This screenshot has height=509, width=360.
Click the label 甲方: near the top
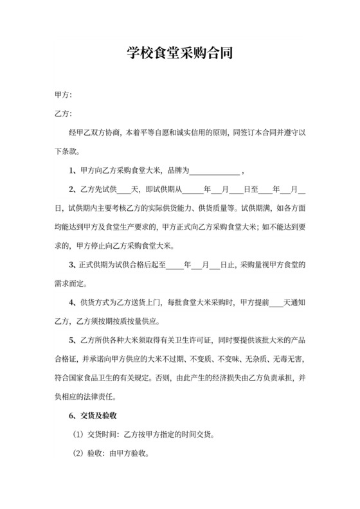pyautogui.click(x=64, y=96)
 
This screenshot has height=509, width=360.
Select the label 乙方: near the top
pyautogui.click(x=64, y=114)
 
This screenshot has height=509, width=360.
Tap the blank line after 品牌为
pyautogui.click(x=215, y=171)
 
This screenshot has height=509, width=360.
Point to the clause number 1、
pyautogui.click(x=73, y=171)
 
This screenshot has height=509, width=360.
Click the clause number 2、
pyautogui.click(x=73, y=190)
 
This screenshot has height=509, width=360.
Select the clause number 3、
pyautogui.click(x=73, y=264)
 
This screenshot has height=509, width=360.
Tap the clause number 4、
pyautogui.click(x=73, y=301)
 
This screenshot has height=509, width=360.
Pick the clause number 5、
pyautogui.click(x=73, y=339)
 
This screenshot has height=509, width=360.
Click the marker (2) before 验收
pyautogui.click(x=76, y=453)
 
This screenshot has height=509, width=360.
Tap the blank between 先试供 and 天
pyautogui.click(x=123, y=190)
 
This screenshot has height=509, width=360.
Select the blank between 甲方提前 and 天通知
pyautogui.click(x=275, y=301)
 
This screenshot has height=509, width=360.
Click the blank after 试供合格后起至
pyautogui.click(x=174, y=264)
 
